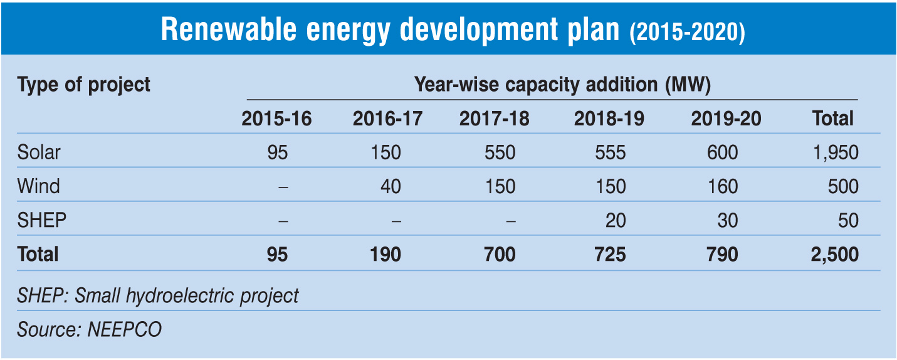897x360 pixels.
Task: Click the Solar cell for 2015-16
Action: (277, 152)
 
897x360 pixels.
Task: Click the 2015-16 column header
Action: (276, 119)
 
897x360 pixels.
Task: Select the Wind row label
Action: (39, 186)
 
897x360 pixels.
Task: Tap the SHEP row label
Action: (42, 220)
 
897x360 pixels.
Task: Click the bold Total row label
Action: (38, 254)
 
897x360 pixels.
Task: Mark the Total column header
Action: (833, 119)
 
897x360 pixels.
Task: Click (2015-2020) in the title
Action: (687, 32)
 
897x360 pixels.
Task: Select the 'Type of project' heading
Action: (84, 85)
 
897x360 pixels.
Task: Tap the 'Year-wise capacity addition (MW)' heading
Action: (562, 85)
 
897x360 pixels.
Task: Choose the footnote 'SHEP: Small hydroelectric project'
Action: (158, 295)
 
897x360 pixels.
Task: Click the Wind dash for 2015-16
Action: (283, 187)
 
